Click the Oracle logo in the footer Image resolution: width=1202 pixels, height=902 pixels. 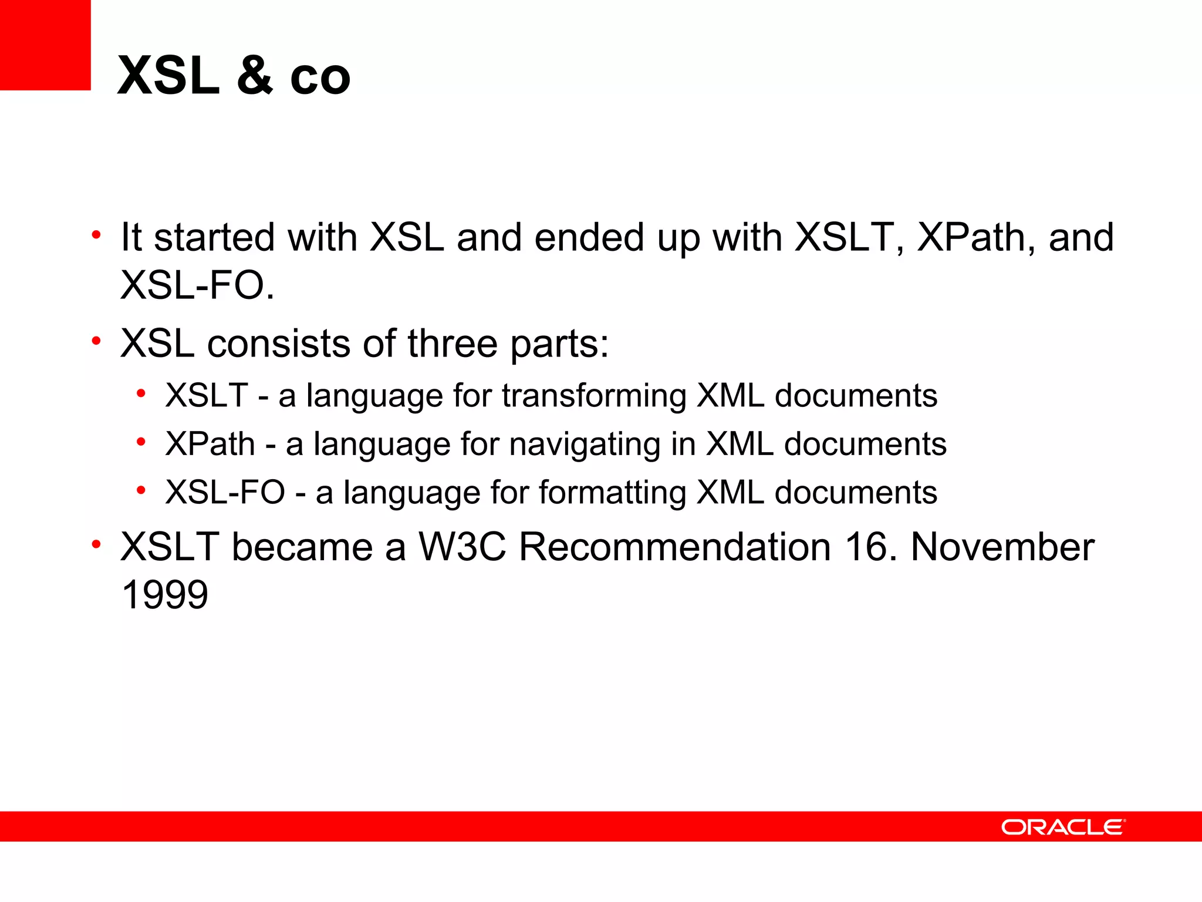(1063, 827)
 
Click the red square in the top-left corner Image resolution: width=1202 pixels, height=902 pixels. (45, 45)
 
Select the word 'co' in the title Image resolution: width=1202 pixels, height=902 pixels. (320, 77)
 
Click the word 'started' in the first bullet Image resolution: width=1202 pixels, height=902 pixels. (214, 237)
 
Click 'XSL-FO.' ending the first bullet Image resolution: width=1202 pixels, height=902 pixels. (197, 286)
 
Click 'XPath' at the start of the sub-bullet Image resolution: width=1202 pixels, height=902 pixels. (210, 444)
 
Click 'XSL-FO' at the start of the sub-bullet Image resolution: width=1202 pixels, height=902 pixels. (225, 492)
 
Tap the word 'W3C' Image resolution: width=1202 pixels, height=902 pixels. (462, 547)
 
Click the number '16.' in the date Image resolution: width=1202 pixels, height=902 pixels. (872, 547)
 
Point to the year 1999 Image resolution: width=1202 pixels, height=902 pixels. (164, 595)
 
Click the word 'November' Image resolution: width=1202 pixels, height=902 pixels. (1002, 547)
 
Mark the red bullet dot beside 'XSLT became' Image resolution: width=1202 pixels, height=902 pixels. (96, 544)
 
